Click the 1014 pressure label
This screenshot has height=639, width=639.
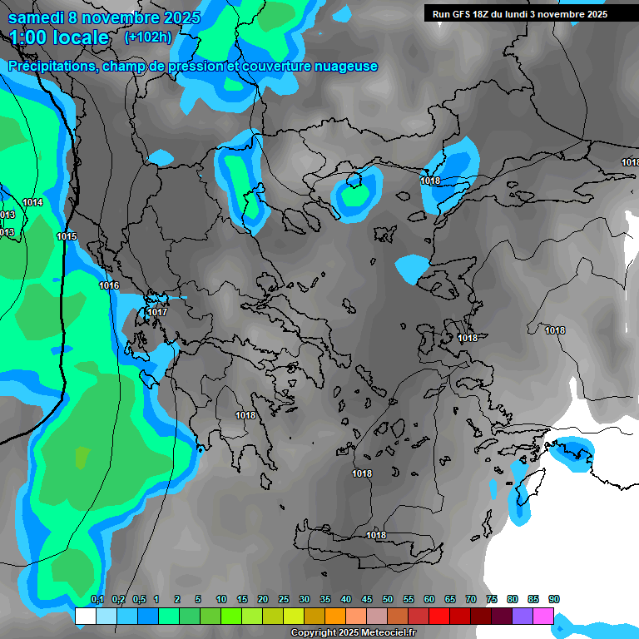click(33, 202)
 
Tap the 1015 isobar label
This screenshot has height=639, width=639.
click(67, 237)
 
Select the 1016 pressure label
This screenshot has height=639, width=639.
click(109, 285)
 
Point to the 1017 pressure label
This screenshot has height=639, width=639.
click(157, 313)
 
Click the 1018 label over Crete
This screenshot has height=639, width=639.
click(376, 535)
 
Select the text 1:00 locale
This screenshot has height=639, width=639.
click(58, 37)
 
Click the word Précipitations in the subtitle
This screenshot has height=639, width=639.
click(51, 67)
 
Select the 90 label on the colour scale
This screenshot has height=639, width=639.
click(554, 600)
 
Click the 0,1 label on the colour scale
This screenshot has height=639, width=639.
click(97, 600)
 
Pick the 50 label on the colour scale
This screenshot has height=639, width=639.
click(388, 600)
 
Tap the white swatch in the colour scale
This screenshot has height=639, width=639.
click(85, 616)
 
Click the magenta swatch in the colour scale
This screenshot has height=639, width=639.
click(543, 616)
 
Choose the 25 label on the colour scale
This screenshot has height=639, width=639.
click(284, 600)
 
